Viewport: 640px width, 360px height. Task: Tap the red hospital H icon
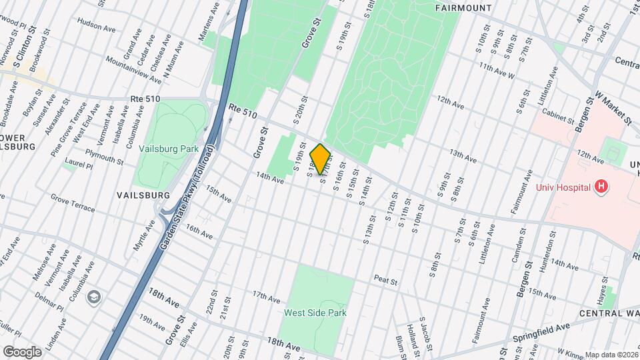[x=601, y=187]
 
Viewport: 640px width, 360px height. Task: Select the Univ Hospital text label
[x=564, y=187]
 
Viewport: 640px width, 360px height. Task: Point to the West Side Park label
[x=315, y=312]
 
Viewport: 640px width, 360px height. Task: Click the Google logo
[x=22, y=351]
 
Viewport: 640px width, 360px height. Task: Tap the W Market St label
[x=614, y=106]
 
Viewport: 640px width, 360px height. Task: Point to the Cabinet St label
[x=557, y=116]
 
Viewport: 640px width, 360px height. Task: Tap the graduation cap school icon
[x=94, y=295]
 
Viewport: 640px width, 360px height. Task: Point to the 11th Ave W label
[x=497, y=71]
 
